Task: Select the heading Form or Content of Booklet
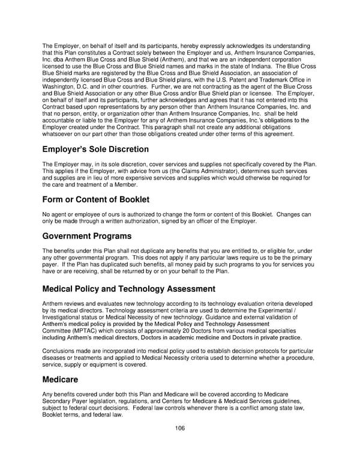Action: (96, 199)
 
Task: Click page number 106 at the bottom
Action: (180, 428)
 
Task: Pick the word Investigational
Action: (65, 318)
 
